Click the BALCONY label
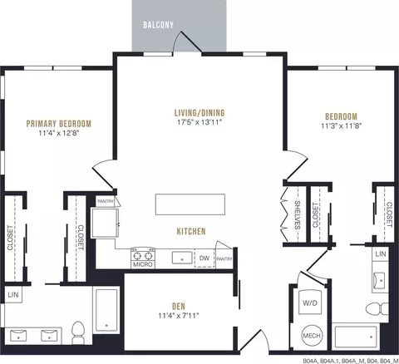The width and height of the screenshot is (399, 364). [158, 25]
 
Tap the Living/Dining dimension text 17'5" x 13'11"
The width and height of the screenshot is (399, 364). [199, 122]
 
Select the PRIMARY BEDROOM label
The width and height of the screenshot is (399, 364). [59, 124]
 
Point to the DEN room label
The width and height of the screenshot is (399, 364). [179, 306]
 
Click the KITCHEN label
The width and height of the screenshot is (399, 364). [191, 231]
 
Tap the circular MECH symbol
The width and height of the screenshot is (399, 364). [312, 336]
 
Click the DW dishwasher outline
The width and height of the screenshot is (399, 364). [204, 258]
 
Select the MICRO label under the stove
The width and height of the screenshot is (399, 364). [143, 264]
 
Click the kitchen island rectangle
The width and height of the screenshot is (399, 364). [190, 204]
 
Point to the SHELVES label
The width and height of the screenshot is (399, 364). [297, 215]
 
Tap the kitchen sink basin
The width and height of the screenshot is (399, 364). [182, 258]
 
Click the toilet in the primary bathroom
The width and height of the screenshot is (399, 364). [78, 332]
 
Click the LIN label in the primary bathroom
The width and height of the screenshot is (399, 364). [13, 295]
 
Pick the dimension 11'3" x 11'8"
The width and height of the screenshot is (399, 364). [342, 126]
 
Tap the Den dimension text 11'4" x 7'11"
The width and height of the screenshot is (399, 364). [179, 316]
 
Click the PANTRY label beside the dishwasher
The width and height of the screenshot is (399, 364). [224, 259]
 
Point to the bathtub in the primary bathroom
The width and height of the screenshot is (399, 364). [106, 310]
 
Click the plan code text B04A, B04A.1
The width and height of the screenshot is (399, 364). [322, 361]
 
